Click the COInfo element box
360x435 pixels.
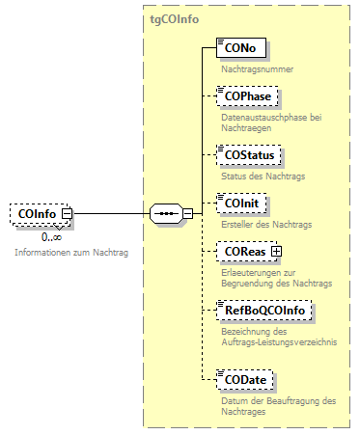(x=36, y=213)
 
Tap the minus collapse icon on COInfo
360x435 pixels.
(x=66, y=213)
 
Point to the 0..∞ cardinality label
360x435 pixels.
(x=50, y=235)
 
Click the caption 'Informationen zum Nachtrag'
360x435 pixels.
(x=71, y=252)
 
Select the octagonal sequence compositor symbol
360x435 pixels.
(x=166, y=213)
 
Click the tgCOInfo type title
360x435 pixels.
(x=177, y=16)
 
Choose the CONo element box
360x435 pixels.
(x=241, y=47)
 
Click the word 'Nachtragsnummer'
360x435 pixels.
(x=257, y=69)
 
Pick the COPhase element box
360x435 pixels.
(x=248, y=97)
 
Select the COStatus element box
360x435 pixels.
(x=250, y=153)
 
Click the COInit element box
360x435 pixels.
(x=241, y=204)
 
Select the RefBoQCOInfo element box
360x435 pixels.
(x=263, y=311)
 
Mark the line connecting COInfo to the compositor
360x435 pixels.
(x=111, y=213)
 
